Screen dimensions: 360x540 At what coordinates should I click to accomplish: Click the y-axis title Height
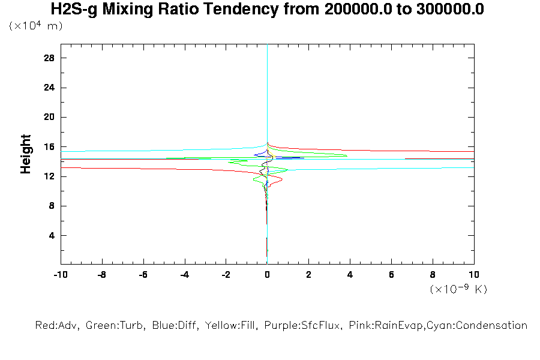(x=26, y=154)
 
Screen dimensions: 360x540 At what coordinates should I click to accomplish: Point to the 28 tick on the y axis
(x=49, y=58)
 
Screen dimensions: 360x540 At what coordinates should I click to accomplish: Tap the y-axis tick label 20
(x=49, y=117)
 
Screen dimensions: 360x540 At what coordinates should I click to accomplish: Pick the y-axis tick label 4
(x=52, y=235)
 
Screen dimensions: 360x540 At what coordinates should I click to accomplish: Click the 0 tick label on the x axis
(x=267, y=274)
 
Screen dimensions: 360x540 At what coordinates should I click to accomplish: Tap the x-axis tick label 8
(x=433, y=274)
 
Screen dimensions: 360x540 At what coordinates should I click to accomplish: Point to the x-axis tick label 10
(x=474, y=274)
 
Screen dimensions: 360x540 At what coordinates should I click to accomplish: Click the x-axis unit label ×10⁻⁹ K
(x=458, y=289)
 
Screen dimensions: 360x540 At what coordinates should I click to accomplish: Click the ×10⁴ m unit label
(x=36, y=26)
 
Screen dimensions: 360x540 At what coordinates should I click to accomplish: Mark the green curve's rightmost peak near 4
(x=347, y=156)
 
